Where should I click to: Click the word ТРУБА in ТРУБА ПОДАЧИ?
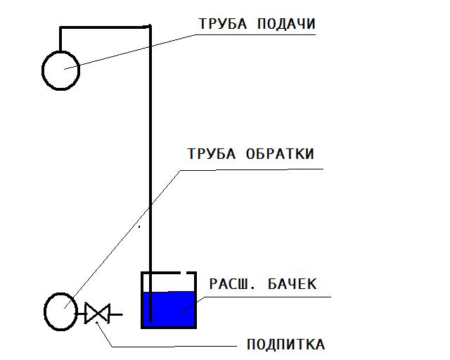(223, 24)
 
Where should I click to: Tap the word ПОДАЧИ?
(286, 24)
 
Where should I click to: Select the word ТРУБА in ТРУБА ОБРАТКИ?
(212, 154)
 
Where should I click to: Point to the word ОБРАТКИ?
(280, 154)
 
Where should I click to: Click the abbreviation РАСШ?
(232, 284)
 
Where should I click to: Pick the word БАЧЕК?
(292, 284)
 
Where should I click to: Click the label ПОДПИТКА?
(286, 345)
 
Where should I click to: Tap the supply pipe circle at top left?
(61, 51)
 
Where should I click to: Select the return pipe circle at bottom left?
(60, 293)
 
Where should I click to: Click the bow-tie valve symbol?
(97, 314)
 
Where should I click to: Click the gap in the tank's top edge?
(184, 272)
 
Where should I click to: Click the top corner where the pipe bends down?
(150, 27)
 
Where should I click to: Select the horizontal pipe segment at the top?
(105, 27)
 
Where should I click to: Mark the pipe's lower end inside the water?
(150, 321)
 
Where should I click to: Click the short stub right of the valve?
(116, 314)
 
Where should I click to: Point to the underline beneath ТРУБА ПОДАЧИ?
(255, 34)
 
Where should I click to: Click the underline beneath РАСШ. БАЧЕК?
(268, 297)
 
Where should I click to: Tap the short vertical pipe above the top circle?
(60, 39)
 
